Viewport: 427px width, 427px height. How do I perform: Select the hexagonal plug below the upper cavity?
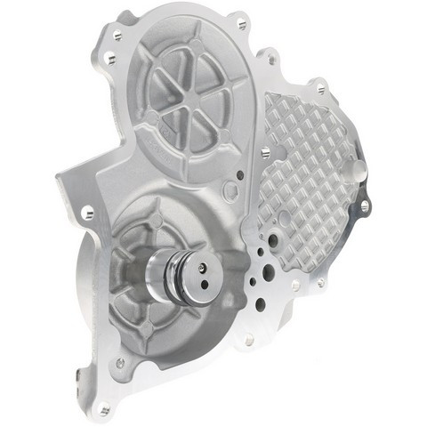pos(230,189)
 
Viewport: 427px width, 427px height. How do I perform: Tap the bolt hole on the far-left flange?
pos(86,213)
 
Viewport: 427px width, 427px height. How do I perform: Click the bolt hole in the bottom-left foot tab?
pos(104,408)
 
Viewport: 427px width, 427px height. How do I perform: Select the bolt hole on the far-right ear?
pos(364,205)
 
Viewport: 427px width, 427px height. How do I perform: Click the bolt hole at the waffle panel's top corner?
pos(318,87)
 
